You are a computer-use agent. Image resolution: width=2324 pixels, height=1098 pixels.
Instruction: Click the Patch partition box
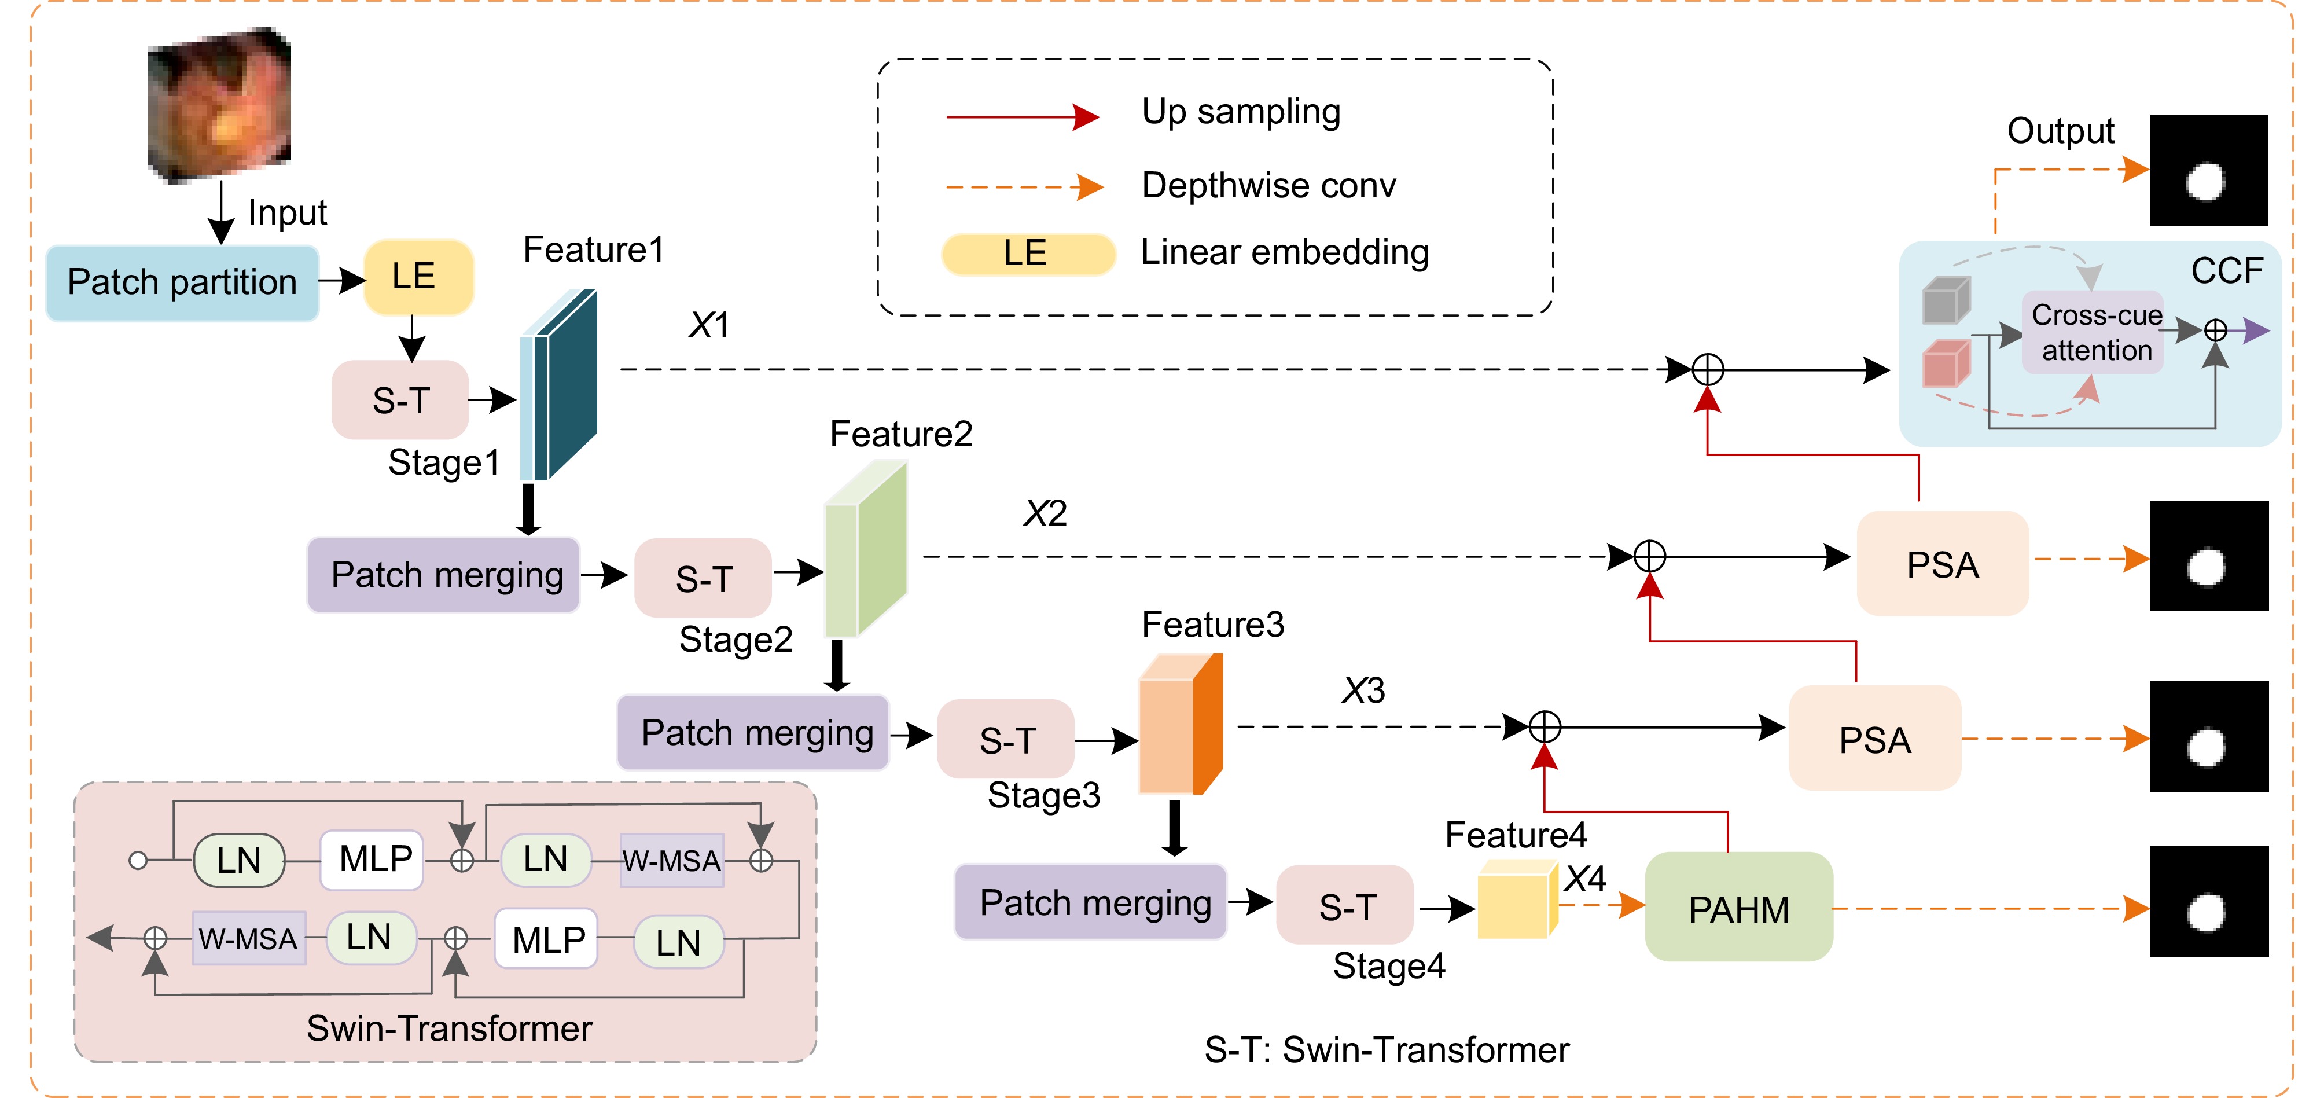click(182, 282)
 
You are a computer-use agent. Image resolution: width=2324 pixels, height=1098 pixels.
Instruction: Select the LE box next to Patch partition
click(418, 276)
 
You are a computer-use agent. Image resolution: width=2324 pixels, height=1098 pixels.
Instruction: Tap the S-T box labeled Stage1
click(400, 400)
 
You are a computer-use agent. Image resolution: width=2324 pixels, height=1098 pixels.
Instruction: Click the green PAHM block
click(1738, 908)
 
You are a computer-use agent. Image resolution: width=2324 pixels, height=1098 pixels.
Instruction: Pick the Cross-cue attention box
click(2095, 332)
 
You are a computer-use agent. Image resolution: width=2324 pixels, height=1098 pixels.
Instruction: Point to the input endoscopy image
click(219, 104)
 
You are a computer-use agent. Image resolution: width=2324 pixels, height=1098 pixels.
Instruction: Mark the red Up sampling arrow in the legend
click(1022, 116)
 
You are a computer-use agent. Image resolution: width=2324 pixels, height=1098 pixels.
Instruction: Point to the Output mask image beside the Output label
click(2208, 171)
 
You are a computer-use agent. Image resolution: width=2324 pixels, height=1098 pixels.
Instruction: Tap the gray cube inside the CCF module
click(1945, 300)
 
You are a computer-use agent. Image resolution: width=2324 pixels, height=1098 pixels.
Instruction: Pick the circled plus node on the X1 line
click(1707, 369)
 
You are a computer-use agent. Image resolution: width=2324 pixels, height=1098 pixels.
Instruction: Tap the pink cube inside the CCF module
click(1945, 363)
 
